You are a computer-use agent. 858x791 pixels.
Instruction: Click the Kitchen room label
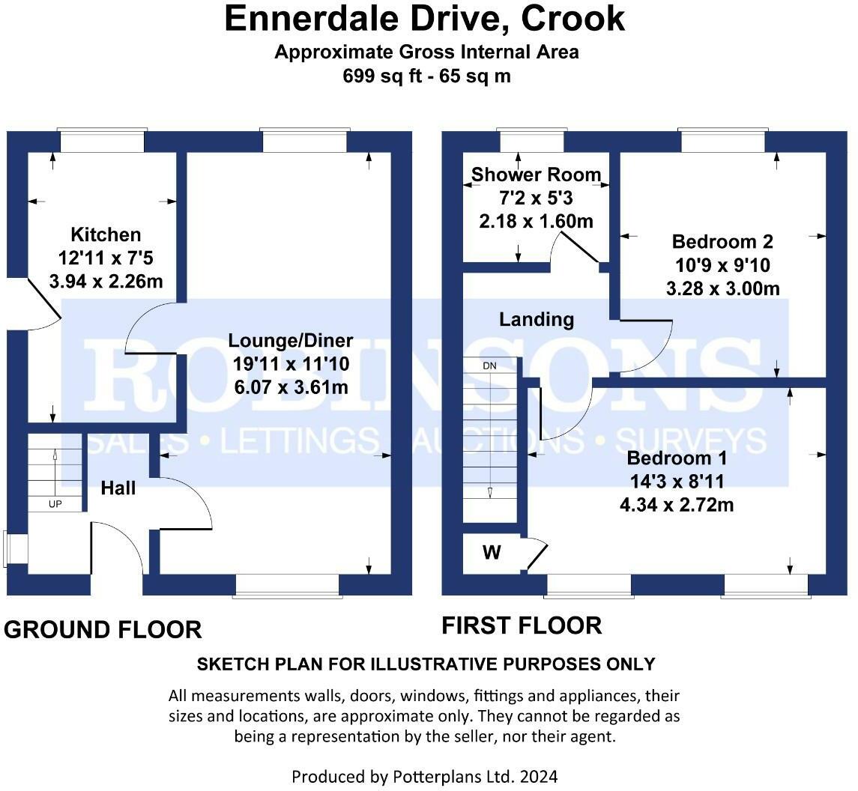point(106,234)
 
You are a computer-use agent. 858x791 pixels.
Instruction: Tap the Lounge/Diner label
point(291,340)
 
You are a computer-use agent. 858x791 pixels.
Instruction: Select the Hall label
point(118,488)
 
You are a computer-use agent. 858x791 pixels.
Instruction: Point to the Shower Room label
point(537,175)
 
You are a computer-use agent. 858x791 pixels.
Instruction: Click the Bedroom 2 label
point(722,241)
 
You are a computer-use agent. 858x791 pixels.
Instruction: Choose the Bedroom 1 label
point(677,458)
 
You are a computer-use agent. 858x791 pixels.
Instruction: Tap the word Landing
point(537,319)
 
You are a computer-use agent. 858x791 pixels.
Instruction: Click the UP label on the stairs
point(55,504)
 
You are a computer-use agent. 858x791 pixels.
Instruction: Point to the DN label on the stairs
point(490,366)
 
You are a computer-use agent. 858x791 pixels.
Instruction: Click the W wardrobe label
point(492,553)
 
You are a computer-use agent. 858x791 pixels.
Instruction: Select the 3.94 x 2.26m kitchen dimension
point(106,281)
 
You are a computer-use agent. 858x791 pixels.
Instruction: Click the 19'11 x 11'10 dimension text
point(291,364)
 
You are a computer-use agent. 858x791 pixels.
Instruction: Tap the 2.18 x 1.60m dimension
point(537,221)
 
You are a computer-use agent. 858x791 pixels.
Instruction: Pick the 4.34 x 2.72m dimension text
point(677,504)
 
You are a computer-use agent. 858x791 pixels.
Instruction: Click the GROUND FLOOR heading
point(103,630)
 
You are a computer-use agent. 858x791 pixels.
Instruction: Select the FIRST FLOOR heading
point(522,625)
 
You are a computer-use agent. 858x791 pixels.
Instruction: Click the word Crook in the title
point(572,18)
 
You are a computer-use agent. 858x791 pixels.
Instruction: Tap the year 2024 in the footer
point(539,776)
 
